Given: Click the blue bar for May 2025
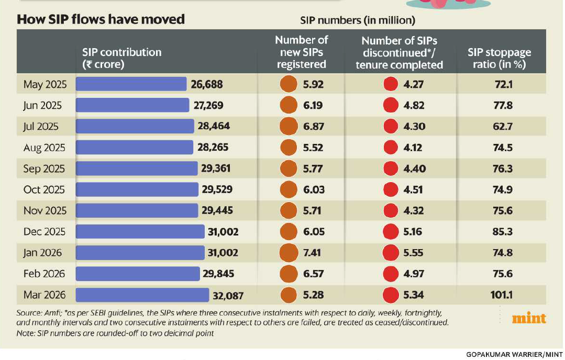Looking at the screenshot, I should pyautogui.click(x=131, y=84).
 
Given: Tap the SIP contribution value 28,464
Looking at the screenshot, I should pyautogui.click(x=214, y=126).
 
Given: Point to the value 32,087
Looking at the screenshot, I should pyautogui.click(x=228, y=295).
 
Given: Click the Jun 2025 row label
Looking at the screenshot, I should pyautogui.click(x=42, y=105).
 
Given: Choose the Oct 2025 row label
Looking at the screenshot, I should pyautogui.click(x=43, y=189).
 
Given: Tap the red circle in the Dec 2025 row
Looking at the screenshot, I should pyautogui.click(x=391, y=232).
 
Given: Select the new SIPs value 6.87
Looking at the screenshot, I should pyautogui.click(x=313, y=126).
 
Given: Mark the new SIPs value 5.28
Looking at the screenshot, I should pyautogui.click(x=313, y=295).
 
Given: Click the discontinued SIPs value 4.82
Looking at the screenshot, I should pyautogui.click(x=415, y=105).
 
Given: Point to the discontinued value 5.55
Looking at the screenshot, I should pyautogui.click(x=415, y=253).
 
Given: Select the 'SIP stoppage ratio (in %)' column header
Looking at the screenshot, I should pyautogui.click(x=499, y=58).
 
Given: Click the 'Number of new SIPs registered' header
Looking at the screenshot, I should pyautogui.click(x=302, y=52).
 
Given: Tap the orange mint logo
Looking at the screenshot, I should pyautogui.click(x=529, y=318).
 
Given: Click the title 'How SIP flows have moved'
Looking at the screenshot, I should pyautogui.click(x=101, y=19).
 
